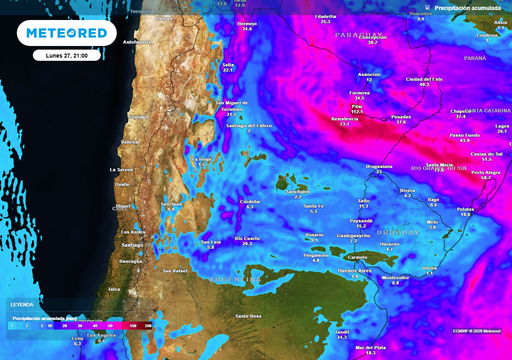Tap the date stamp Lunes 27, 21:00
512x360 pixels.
click(66, 57)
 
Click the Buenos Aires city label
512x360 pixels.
click(355, 270)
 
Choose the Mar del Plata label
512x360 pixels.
click(370, 347)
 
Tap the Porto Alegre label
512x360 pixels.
click(486, 171)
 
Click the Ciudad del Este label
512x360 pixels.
click(424, 79)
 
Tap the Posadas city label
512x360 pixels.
click(401, 116)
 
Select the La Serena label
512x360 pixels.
click(121, 170)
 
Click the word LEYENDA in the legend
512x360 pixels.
click(21, 303)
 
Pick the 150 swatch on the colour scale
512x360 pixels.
click(134, 323)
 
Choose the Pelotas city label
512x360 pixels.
click(464, 209)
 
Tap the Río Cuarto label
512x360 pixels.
click(246, 238)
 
